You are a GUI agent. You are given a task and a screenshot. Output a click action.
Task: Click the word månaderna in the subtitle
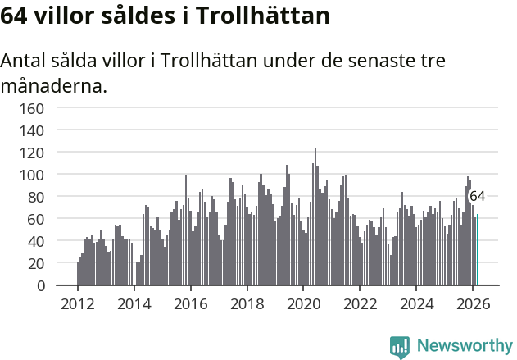pyautogui.click(x=54, y=85)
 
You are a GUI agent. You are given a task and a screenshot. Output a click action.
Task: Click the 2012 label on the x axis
pyautogui.click(x=78, y=303)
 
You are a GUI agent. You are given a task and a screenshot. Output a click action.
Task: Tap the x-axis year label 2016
pyautogui.click(x=190, y=303)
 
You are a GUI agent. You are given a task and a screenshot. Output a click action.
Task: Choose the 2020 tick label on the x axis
pyautogui.click(x=303, y=303)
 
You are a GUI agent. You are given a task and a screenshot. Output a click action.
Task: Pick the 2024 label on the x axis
pyautogui.click(x=416, y=303)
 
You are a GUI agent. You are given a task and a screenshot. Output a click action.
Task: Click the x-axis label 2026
pyautogui.click(x=473, y=303)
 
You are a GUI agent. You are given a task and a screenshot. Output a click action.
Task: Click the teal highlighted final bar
pyautogui.click(x=478, y=250)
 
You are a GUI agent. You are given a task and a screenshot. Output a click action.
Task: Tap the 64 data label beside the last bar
pyautogui.click(x=477, y=197)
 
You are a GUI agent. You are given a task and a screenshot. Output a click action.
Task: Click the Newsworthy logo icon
pyautogui.click(x=400, y=347)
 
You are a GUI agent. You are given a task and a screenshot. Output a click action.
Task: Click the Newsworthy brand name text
pyautogui.click(x=464, y=346)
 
